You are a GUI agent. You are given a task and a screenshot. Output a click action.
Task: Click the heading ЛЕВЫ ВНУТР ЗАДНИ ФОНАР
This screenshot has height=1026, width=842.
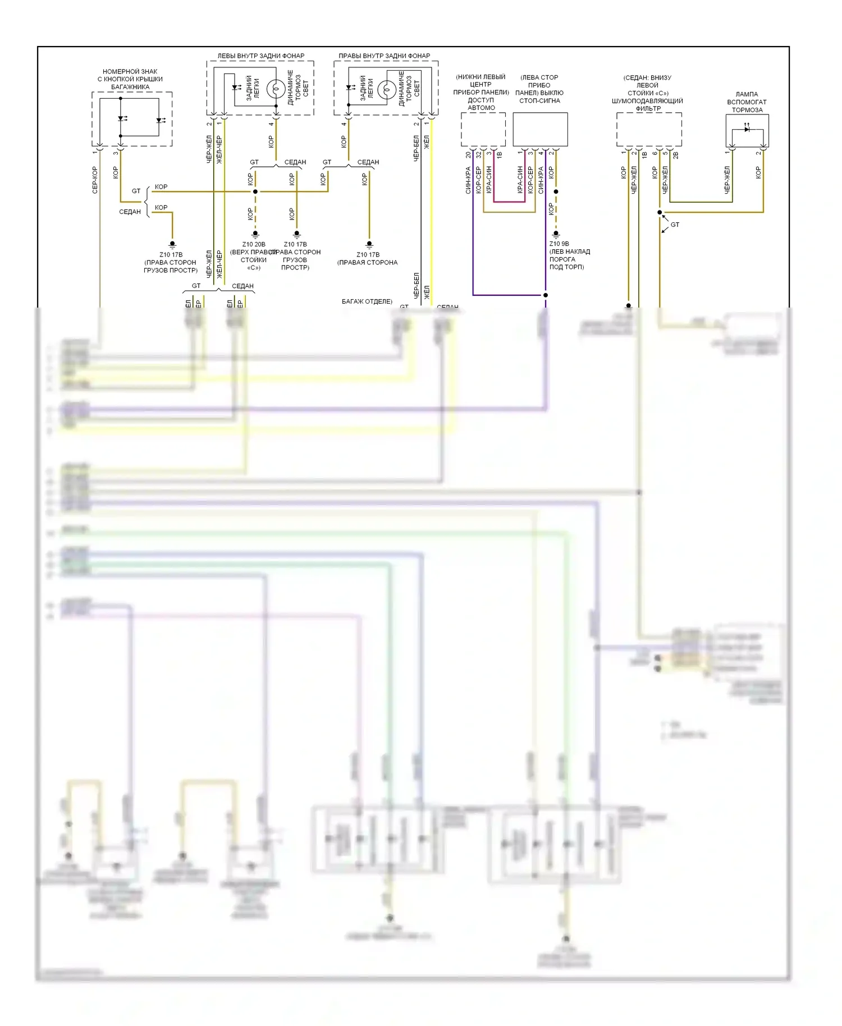tap(260, 56)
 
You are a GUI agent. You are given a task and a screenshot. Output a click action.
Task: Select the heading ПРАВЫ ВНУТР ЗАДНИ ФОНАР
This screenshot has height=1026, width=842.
tap(384, 56)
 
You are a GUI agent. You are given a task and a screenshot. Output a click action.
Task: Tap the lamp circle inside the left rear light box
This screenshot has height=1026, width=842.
tap(275, 89)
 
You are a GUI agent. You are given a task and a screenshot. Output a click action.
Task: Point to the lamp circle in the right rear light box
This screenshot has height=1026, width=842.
tap(386, 90)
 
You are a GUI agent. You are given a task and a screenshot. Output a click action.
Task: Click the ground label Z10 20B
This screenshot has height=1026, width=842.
tap(254, 245)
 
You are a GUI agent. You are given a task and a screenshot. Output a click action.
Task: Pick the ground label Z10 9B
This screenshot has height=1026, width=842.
tap(559, 244)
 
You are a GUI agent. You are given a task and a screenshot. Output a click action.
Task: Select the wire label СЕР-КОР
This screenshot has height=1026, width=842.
tap(95, 180)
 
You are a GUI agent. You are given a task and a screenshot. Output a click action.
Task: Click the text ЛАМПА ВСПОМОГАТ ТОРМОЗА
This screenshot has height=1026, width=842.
tap(747, 102)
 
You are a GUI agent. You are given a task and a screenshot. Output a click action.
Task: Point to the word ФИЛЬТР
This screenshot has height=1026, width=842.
tap(648, 109)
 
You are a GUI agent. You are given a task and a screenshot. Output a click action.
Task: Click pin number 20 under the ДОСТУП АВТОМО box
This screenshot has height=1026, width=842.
tap(468, 154)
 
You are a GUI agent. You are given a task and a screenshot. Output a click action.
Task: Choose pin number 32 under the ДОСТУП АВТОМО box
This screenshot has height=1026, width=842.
tap(478, 154)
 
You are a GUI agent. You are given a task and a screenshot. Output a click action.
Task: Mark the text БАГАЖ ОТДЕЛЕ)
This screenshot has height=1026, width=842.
tap(367, 302)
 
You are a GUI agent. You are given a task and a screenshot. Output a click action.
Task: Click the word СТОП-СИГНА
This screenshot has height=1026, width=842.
tap(539, 101)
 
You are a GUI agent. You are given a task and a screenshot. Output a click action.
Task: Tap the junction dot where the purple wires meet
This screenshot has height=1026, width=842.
tap(546, 295)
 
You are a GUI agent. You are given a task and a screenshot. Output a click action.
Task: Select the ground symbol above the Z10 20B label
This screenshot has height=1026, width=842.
tap(255, 234)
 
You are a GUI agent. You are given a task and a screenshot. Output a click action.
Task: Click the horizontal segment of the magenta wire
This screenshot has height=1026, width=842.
tap(509, 201)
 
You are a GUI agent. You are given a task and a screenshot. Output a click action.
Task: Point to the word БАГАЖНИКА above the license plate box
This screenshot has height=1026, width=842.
tap(130, 87)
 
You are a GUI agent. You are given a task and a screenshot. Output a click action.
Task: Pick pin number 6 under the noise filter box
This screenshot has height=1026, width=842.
tap(655, 153)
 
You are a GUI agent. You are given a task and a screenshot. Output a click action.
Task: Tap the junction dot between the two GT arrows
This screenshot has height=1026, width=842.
tap(660, 212)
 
